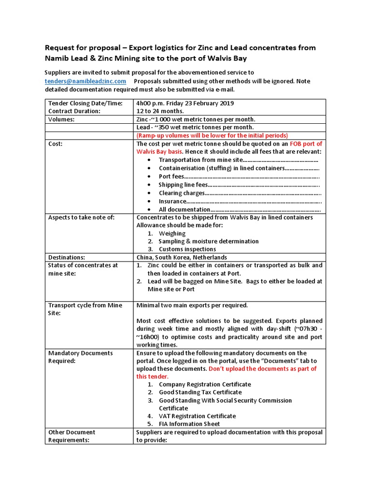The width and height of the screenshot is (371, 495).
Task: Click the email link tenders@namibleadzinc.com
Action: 86,81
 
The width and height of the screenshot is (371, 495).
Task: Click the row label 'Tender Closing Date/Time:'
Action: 85,103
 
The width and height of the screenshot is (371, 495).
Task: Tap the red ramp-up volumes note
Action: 212,135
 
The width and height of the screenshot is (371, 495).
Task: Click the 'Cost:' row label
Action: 56,144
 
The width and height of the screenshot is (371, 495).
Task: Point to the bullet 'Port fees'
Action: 171,176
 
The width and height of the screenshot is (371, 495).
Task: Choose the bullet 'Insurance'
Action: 172,201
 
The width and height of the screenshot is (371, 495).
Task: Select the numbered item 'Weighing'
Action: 172,233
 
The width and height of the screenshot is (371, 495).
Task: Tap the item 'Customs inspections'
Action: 187,249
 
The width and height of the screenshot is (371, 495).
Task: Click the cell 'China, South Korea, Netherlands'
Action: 182,257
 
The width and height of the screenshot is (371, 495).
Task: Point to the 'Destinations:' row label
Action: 66,257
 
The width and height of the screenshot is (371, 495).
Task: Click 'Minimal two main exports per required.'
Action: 192,305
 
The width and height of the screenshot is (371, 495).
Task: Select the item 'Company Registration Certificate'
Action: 205,384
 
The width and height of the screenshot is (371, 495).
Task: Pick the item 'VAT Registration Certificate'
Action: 197,416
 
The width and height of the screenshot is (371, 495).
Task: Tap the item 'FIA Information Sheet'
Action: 189,424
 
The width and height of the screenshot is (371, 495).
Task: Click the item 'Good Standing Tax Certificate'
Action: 200,393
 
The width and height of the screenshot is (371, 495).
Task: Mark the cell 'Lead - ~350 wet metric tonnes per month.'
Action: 195,127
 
